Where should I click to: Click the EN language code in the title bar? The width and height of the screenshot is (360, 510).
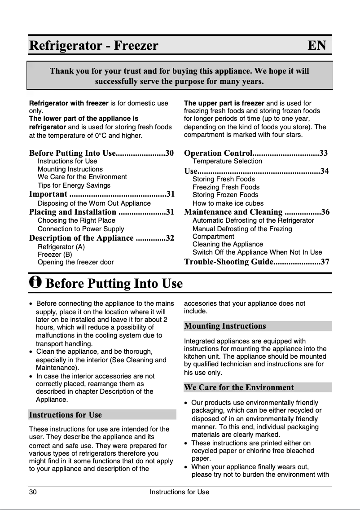tap(317, 46)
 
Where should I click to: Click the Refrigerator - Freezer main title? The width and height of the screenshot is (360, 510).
tap(94, 46)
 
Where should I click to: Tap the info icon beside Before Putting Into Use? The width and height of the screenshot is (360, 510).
tap(35, 282)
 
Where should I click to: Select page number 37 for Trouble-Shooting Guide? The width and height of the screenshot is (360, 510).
tap(325, 262)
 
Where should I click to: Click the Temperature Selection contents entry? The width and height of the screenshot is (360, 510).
tap(227, 161)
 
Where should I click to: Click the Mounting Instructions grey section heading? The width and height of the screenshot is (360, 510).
tap(225, 326)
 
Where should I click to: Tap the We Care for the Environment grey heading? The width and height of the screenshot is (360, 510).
tap(239, 387)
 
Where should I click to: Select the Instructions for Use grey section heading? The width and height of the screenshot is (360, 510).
tap(66, 415)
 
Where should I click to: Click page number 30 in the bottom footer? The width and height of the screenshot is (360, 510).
tap(33, 492)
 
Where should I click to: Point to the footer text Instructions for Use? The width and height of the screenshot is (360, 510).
tap(180, 492)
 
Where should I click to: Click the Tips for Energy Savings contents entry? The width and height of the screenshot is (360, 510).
tap(74, 185)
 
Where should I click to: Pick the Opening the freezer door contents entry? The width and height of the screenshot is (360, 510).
tap(75, 262)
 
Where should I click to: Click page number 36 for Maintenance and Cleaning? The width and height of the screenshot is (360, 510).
tap(325, 212)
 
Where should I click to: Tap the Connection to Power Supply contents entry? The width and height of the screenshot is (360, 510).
tap(81, 229)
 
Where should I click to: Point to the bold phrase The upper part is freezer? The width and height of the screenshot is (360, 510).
tap(224, 103)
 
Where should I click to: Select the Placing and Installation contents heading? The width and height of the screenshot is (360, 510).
tap(73, 212)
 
